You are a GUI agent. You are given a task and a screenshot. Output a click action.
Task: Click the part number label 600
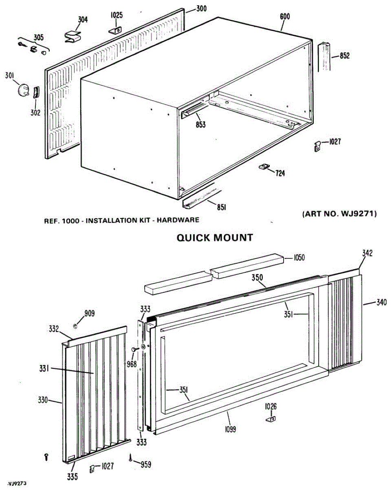285,16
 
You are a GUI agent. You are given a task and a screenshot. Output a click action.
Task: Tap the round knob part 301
24,89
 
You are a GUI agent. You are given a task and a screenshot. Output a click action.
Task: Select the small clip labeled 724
264,167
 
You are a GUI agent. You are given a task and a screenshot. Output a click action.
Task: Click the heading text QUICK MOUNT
215,238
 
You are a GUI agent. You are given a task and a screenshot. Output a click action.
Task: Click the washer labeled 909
75,326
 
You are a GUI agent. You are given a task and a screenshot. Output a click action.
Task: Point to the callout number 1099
230,429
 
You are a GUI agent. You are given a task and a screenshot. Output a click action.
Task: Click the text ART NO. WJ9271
339,214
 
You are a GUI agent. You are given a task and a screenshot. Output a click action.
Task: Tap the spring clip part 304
73,35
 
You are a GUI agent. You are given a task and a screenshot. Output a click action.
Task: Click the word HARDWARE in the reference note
179,220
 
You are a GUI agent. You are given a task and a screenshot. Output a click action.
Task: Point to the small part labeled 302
35,93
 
